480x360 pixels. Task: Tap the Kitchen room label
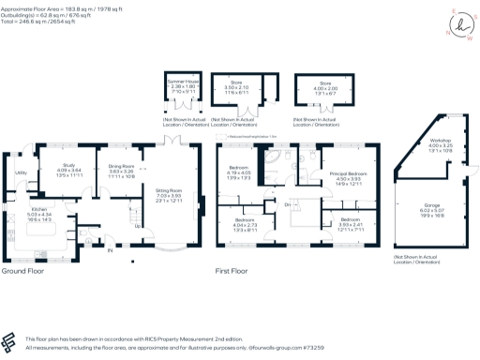click(x=38, y=209)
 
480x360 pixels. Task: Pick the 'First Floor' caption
click(x=236, y=270)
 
